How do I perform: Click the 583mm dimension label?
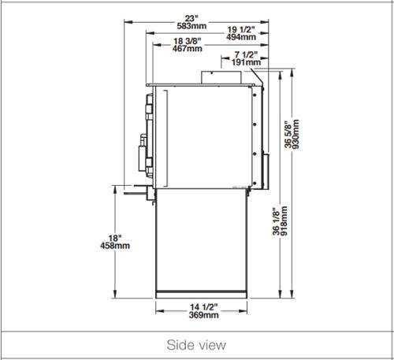pos(191,26)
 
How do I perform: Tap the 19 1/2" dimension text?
pos(241,30)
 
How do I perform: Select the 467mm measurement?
pos(188,49)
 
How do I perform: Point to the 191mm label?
pos(246,62)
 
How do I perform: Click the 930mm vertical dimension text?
pos(295,134)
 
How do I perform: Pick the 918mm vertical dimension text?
pos(284,221)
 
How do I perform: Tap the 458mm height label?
pos(115,246)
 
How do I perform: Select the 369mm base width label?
pos(204,315)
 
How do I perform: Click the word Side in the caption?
pos(178,345)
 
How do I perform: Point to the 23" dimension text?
pos(191,19)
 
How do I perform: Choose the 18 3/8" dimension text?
pos(188,41)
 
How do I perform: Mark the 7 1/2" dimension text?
pos(246,55)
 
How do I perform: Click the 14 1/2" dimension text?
pos(204,307)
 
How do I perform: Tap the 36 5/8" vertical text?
pos(288,134)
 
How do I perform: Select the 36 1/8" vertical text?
pos(277,221)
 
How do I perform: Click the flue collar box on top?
pos(221,77)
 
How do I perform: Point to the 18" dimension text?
pos(115,239)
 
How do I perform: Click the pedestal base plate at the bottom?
pos(201,295)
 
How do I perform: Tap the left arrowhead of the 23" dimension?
pos(128,22)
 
